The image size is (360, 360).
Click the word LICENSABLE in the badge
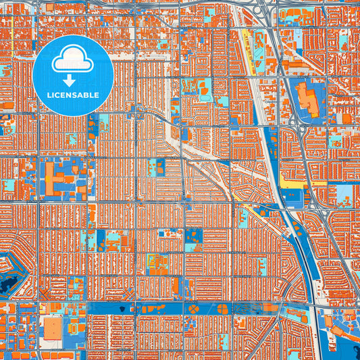point(73,95)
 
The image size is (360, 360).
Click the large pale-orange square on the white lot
point(53,329)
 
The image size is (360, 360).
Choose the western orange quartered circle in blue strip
point(195,309)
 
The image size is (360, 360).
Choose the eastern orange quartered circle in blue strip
point(222,309)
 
